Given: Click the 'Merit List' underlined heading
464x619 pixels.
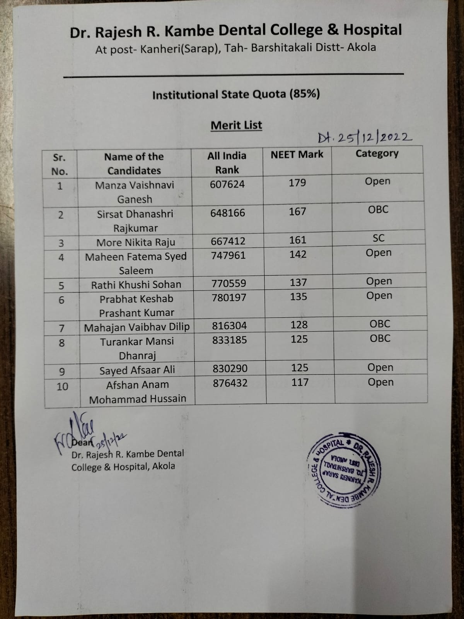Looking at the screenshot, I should coord(236,125).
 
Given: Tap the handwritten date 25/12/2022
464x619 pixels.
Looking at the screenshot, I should coord(365,137).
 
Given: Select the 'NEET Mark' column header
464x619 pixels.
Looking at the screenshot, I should coord(297,154).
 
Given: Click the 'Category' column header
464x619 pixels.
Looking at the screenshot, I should coord(377,154).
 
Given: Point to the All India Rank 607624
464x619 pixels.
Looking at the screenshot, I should coord(227,184).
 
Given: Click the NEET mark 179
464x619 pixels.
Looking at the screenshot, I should coord(297,183).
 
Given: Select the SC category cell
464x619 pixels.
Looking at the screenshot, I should coord(379,238).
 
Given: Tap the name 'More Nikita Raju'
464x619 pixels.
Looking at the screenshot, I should coord(136,243).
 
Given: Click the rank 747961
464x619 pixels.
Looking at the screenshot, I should coord(228,255).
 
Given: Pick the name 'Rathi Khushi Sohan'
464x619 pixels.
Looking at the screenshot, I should coord(136,285).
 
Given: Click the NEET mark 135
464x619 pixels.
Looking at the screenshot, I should coord(299,297).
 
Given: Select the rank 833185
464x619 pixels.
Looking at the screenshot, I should coord(229,340).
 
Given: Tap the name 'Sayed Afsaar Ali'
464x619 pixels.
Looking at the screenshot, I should coord(137,370).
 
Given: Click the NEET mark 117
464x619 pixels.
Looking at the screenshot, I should coord(300,383).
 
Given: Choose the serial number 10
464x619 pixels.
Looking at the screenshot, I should coord(62,386).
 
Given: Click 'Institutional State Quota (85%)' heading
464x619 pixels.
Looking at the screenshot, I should coord(236,95).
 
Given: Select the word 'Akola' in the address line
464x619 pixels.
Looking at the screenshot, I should coord(362,48).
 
